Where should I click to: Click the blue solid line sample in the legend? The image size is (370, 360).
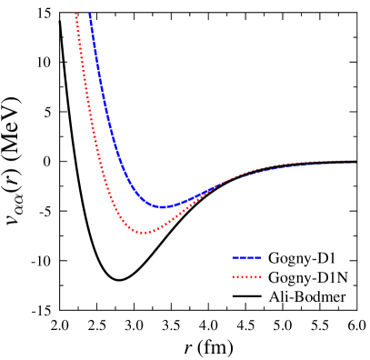tap(246, 257)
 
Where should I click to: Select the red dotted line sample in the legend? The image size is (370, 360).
tap(246, 276)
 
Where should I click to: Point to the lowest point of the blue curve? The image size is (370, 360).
tap(163, 207)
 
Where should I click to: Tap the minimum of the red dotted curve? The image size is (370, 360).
tap(144, 233)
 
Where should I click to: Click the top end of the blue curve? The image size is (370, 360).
tap(90, 14)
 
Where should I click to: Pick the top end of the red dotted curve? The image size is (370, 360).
tap(75, 14)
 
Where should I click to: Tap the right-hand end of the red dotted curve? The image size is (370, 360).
tap(355, 161)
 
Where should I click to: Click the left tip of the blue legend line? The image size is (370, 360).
tap(233, 257)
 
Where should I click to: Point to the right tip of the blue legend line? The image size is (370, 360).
tap(261, 257)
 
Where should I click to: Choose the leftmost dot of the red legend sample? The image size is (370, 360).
tap(233, 276)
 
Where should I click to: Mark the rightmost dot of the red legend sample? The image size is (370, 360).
tap(260, 276)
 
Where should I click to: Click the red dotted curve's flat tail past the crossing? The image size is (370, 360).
tap(291, 164)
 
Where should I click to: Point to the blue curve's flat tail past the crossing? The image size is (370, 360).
tap(291, 166)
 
